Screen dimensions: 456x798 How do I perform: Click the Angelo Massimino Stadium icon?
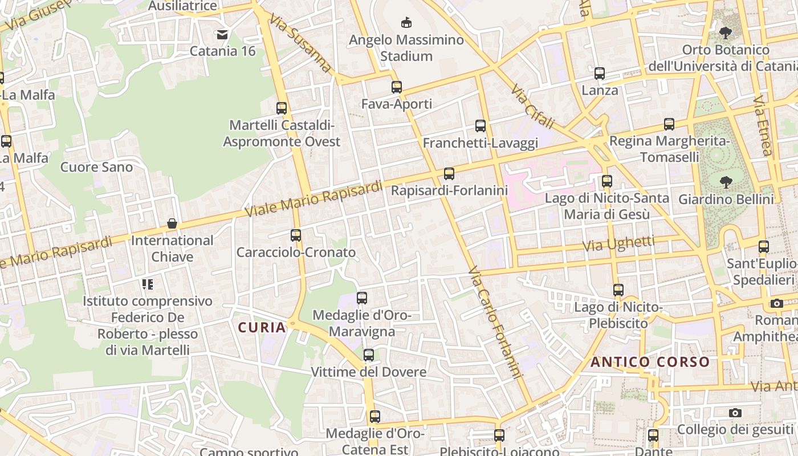pyautogui.click(x=406, y=23)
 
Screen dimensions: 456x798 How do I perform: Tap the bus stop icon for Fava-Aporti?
pyautogui.click(x=397, y=87)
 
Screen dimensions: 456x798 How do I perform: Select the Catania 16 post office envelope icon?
pyautogui.click(x=222, y=35)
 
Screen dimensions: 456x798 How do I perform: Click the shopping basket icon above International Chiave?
pyautogui.click(x=172, y=224)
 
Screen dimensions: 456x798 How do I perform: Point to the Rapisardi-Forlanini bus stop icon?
pyautogui.click(x=449, y=173)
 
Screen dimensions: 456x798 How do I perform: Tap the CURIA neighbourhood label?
pyautogui.click(x=262, y=327)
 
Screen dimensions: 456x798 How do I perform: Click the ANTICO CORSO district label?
pyautogui.click(x=650, y=362)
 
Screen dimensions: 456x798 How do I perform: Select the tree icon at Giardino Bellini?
pyautogui.click(x=726, y=182)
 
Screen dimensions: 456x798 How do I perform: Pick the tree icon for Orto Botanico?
pyautogui.click(x=726, y=32)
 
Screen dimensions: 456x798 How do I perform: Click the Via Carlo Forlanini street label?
pyautogui.click(x=495, y=322)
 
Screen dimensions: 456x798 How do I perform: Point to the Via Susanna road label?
pyautogui.click(x=301, y=43)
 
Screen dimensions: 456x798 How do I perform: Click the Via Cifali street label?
pyautogui.click(x=532, y=107)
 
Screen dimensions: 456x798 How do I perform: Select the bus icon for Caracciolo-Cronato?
pyautogui.click(x=295, y=235)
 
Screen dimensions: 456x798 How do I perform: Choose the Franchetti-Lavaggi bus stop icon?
pyautogui.click(x=481, y=126)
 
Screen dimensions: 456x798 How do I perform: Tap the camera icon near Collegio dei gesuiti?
pyautogui.click(x=735, y=413)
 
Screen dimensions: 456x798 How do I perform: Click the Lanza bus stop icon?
pyautogui.click(x=599, y=74)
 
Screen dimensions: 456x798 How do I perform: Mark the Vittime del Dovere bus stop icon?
pyautogui.click(x=368, y=355)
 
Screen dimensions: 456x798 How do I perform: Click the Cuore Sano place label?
pyautogui.click(x=96, y=167)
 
